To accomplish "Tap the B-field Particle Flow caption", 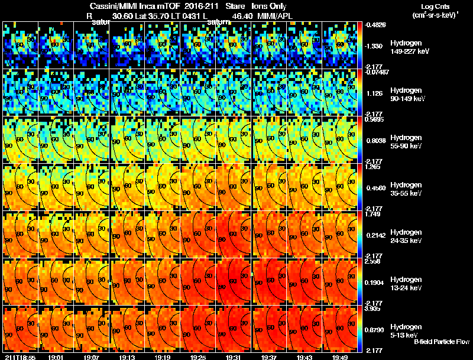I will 441,342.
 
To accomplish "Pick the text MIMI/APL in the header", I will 275,17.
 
